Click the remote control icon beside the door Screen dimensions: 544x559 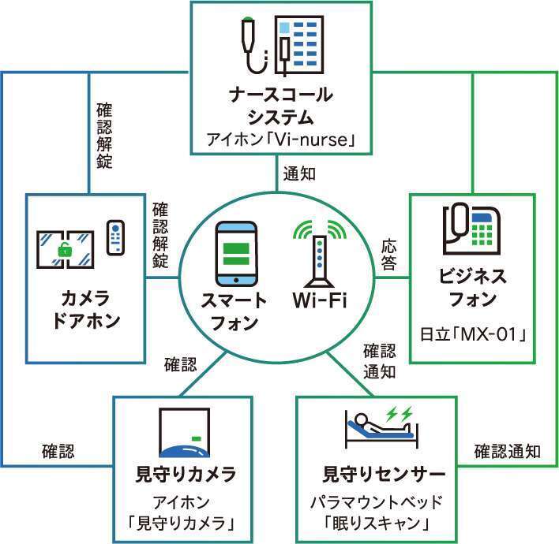[x=116, y=237]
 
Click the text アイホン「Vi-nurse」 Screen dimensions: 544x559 [x=279, y=140]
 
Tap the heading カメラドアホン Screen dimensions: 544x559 [x=84, y=309]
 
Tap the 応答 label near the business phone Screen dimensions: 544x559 [x=388, y=254]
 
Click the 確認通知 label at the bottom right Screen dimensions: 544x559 [x=507, y=452]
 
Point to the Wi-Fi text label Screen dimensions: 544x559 [x=320, y=301]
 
